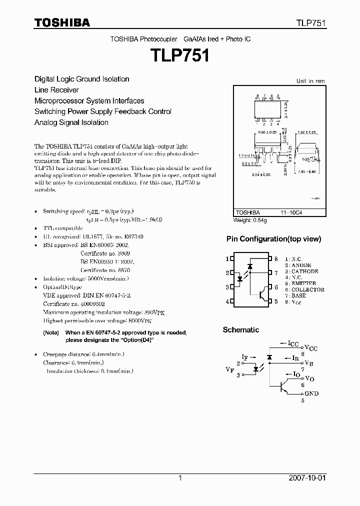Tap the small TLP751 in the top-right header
311,23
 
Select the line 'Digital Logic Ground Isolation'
81,79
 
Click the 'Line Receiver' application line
56,90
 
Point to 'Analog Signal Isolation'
71,122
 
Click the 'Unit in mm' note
310,81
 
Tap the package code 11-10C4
290,213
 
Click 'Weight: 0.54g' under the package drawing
250,220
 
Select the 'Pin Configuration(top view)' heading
273,239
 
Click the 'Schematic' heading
240,330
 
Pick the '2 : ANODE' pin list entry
298,265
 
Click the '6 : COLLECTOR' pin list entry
304,289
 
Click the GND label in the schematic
311,393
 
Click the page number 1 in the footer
180,478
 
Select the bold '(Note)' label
51,333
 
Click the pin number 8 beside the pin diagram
276,258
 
